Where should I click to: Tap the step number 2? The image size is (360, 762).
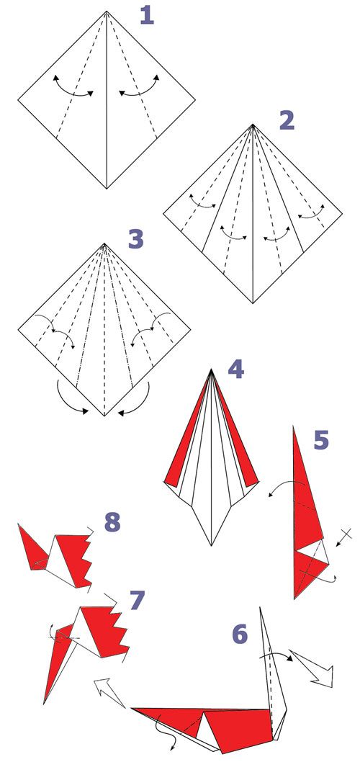click(287, 120)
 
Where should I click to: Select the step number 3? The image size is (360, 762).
click(137, 239)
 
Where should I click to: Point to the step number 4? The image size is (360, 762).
click(235, 370)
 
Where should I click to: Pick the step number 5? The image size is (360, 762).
click(321, 440)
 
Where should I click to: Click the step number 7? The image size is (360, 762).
click(137, 601)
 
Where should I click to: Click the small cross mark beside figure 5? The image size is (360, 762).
click(344, 535)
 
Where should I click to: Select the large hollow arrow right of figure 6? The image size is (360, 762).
click(313, 665)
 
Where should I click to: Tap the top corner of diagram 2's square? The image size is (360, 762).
click(253, 125)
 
